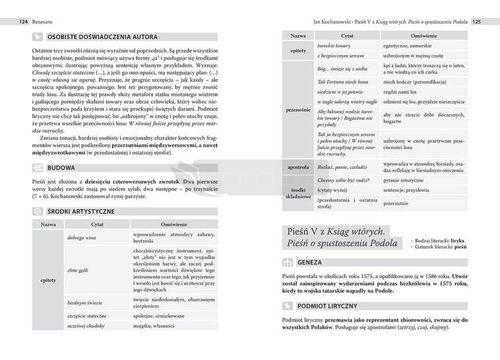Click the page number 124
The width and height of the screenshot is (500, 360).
click(24, 21)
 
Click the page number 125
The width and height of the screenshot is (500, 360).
click(475, 21)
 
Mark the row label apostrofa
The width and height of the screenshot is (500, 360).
click(298, 167)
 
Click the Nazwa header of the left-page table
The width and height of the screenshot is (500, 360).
click(48, 224)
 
